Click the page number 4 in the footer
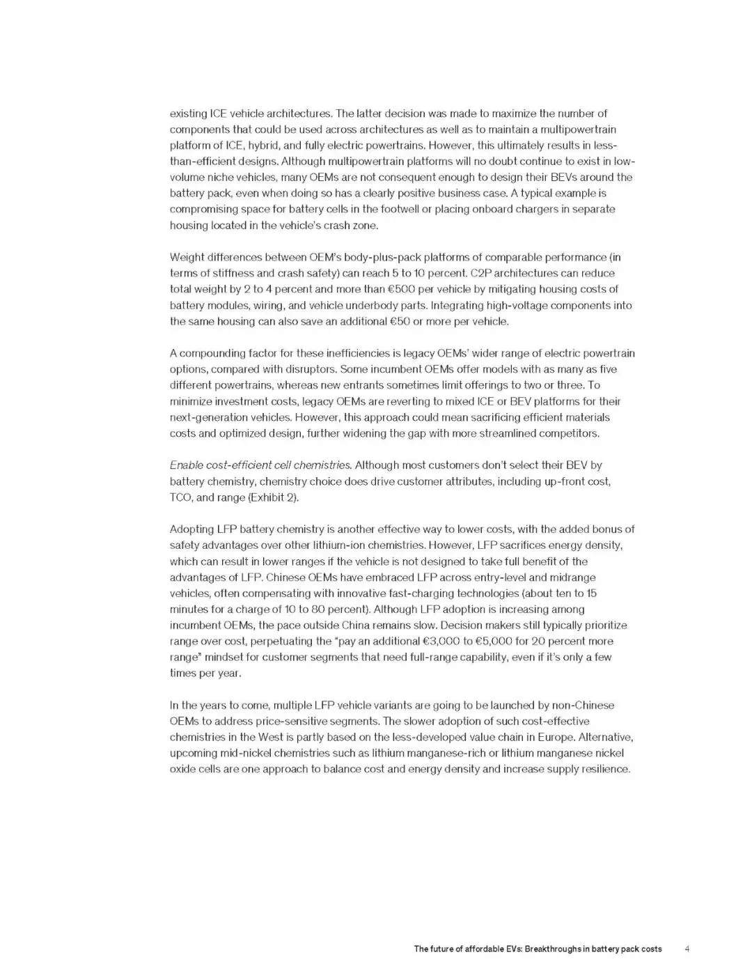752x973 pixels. [x=687, y=949]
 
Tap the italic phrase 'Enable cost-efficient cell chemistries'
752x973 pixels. [x=260, y=465]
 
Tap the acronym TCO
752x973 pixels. [x=181, y=497]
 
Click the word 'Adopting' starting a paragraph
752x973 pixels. [x=192, y=529]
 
